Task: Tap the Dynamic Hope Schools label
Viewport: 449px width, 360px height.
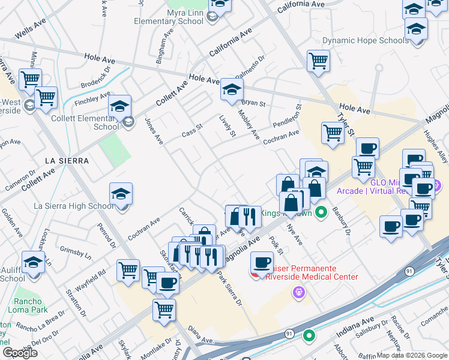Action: point(365,41)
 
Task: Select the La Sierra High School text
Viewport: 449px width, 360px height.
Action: point(73,206)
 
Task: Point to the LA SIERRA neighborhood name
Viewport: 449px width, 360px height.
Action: point(67,161)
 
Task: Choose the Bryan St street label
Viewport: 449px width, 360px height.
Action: point(253,103)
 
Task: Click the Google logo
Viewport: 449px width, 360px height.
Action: point(20,353)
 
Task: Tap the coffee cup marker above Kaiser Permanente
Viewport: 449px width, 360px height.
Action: point(262,262)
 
